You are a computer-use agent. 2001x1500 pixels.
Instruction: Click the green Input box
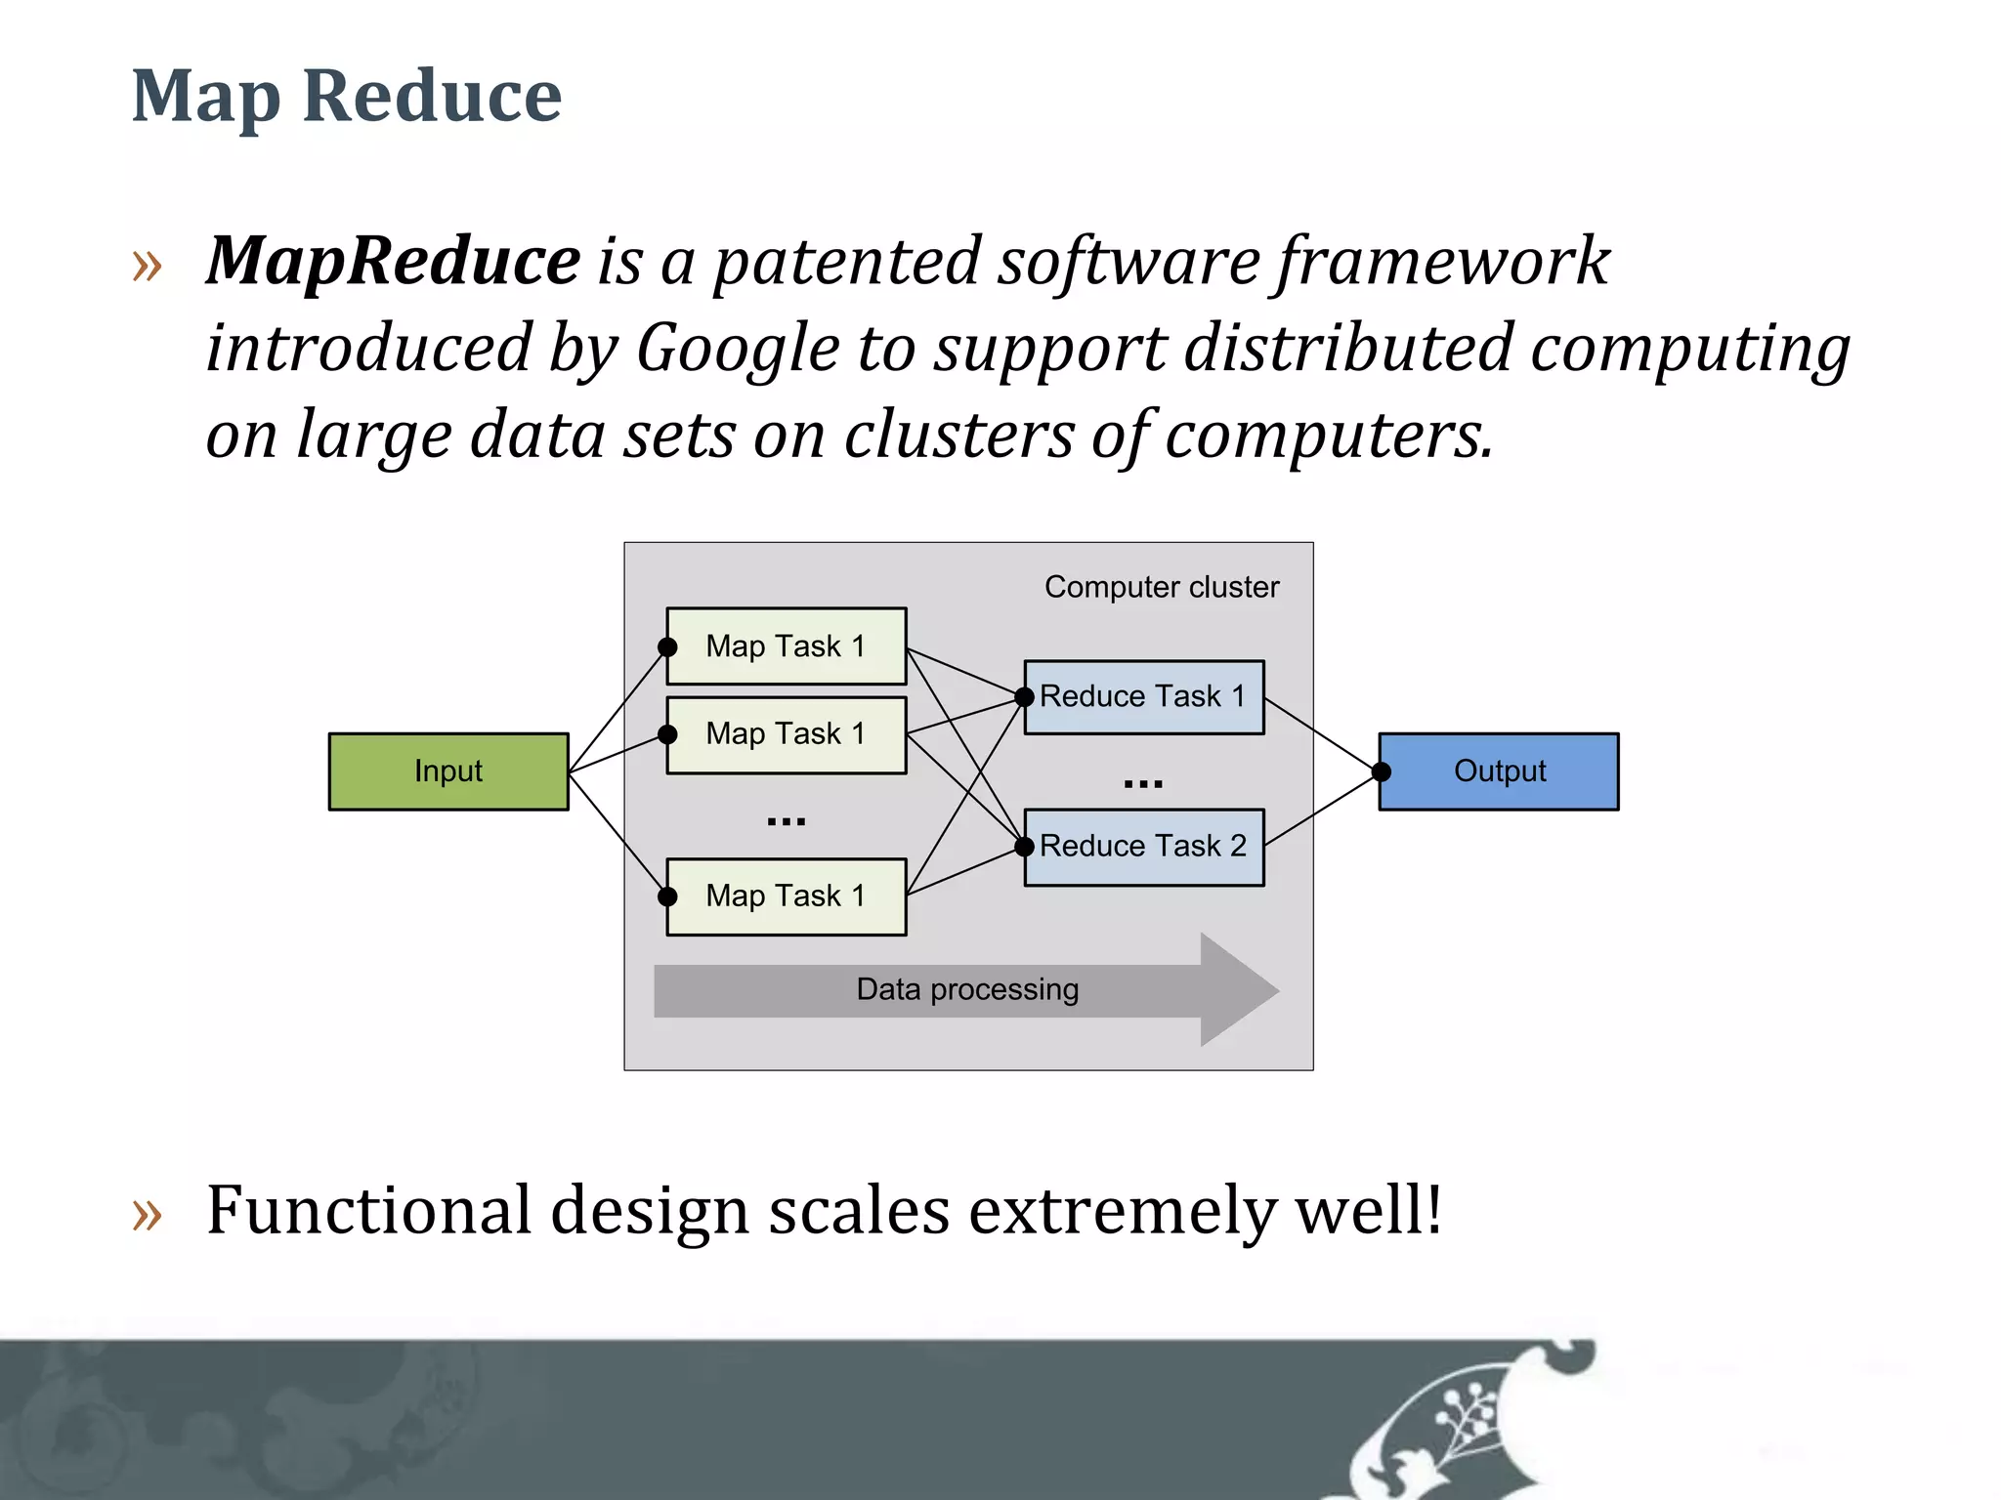point(448,771)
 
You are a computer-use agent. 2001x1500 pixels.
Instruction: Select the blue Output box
point(1500,771)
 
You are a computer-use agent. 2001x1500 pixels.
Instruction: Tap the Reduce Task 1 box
point(1144,697)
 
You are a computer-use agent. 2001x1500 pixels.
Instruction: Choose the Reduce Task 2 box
point(1144,847)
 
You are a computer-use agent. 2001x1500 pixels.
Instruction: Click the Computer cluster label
point(1162,587)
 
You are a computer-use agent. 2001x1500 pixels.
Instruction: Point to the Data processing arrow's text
point(967,989)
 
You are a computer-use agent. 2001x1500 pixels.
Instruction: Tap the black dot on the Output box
point(1381,771)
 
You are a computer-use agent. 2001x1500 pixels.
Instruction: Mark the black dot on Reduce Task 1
point(1024,697)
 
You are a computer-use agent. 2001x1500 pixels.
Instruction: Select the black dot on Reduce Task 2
point(1024,847)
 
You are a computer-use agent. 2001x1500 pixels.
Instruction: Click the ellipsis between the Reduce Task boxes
point(1143,783)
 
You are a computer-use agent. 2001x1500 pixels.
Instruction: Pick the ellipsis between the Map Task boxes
point(787,821)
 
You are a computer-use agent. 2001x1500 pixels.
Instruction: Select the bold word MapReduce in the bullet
point(394,261)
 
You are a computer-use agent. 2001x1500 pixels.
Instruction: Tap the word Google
point(738,349)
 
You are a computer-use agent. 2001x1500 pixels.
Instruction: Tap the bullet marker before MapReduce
point(147,265)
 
